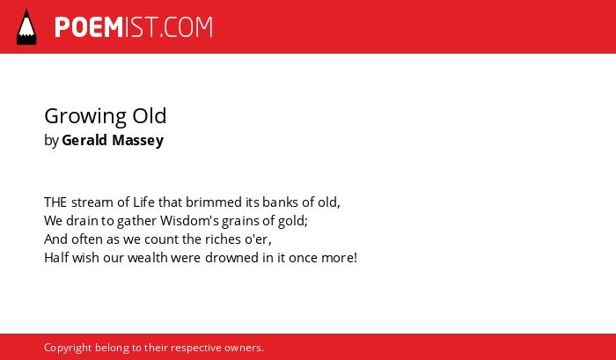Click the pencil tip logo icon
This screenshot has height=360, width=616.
[x=26, y=27]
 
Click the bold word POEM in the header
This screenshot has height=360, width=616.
[x=89, y=27]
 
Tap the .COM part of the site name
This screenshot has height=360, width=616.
[x=186, y=27]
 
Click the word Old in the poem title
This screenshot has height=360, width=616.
[x=150, y=115]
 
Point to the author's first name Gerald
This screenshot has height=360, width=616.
[x=84, y=140]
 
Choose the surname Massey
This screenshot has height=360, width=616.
[x=138, y=141]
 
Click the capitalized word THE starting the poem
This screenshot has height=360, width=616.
[x=55, y=202]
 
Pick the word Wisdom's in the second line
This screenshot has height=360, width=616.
[x=190, y=220]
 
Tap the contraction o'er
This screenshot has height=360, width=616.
[x=258, y=239]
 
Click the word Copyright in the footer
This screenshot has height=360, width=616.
[x=68, y=349]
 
